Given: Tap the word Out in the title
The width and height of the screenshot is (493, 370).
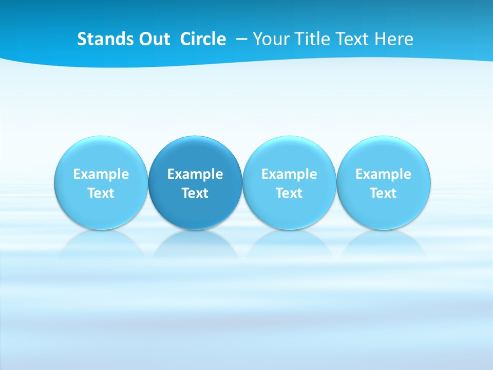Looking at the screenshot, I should (153, 39).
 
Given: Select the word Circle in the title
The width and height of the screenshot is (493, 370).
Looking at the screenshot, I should (203, 39).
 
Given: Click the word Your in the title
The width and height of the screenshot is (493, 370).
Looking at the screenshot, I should (270, 39).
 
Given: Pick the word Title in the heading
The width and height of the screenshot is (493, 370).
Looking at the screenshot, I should (312, 39).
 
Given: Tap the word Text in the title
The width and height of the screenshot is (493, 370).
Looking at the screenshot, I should (353, 39).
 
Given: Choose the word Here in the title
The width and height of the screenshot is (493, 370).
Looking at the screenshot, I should (394, 39).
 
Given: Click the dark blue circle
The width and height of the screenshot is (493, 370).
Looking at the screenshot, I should (195, 182).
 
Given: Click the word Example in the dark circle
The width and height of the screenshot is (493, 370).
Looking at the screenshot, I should (195, 174).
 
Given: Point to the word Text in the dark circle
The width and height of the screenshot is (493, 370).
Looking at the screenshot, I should (195, 193).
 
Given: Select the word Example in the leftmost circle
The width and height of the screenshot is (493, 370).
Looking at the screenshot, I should (101, 174).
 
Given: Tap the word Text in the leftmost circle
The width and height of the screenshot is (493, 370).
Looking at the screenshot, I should (101, 193).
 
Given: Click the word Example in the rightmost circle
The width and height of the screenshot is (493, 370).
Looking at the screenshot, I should (384, 174).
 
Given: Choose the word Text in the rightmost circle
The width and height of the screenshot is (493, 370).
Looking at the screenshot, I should (384, 193).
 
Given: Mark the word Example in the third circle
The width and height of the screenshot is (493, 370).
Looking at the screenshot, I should (289, 174).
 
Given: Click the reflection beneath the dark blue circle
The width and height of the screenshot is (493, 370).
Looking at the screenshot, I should (195, 244).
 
